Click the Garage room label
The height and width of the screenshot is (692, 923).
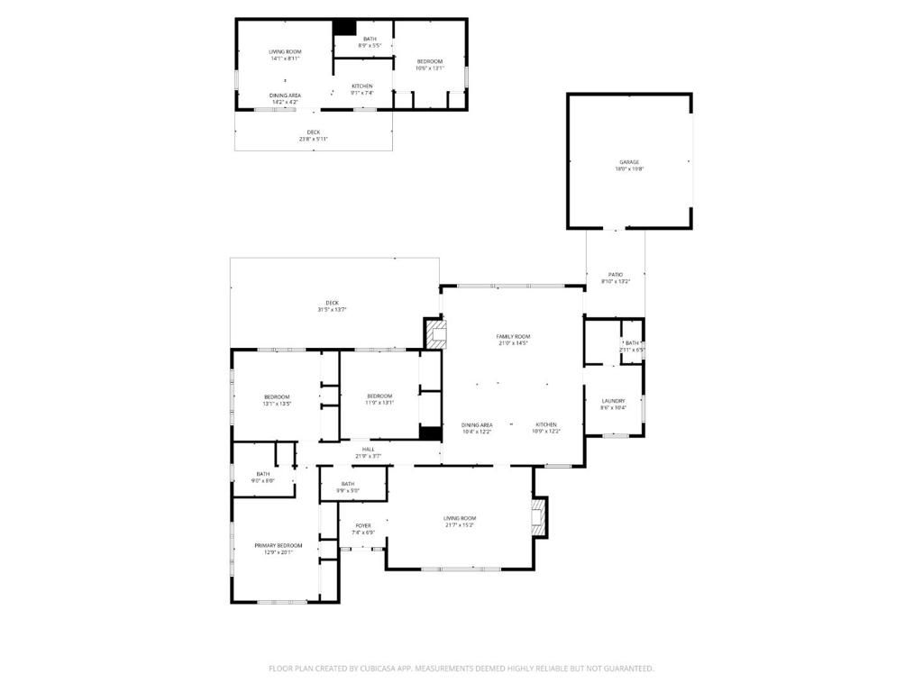[x=628, y=165]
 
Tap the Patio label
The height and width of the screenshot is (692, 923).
[x=616, y=278]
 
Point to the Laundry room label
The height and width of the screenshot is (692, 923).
[x=614, y=404]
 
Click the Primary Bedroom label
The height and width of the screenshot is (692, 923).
[x=278, y=549]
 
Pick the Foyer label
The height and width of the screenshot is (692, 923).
[x=362, y=529]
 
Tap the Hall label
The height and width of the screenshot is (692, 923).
[x=368, y=452]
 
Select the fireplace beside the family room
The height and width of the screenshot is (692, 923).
[x=436, y=334]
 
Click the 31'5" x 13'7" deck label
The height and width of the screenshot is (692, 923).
[x=332, y=305]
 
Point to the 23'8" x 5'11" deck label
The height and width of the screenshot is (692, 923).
[x=313, y=135]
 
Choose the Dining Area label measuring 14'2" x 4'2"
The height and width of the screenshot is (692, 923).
[x=285, y=98]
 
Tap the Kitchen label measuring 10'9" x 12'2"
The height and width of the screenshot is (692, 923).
[x=546, y=428]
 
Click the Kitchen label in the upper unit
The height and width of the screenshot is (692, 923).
[x=361, y=89]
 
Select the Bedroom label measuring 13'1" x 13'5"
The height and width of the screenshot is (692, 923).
[x=277, y=400]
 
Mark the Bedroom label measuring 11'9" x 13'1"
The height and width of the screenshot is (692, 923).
[x=379, y=400]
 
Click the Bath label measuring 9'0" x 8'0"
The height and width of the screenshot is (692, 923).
[x=262, y=477]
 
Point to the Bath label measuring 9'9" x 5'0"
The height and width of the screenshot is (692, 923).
[x=348, y=487]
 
